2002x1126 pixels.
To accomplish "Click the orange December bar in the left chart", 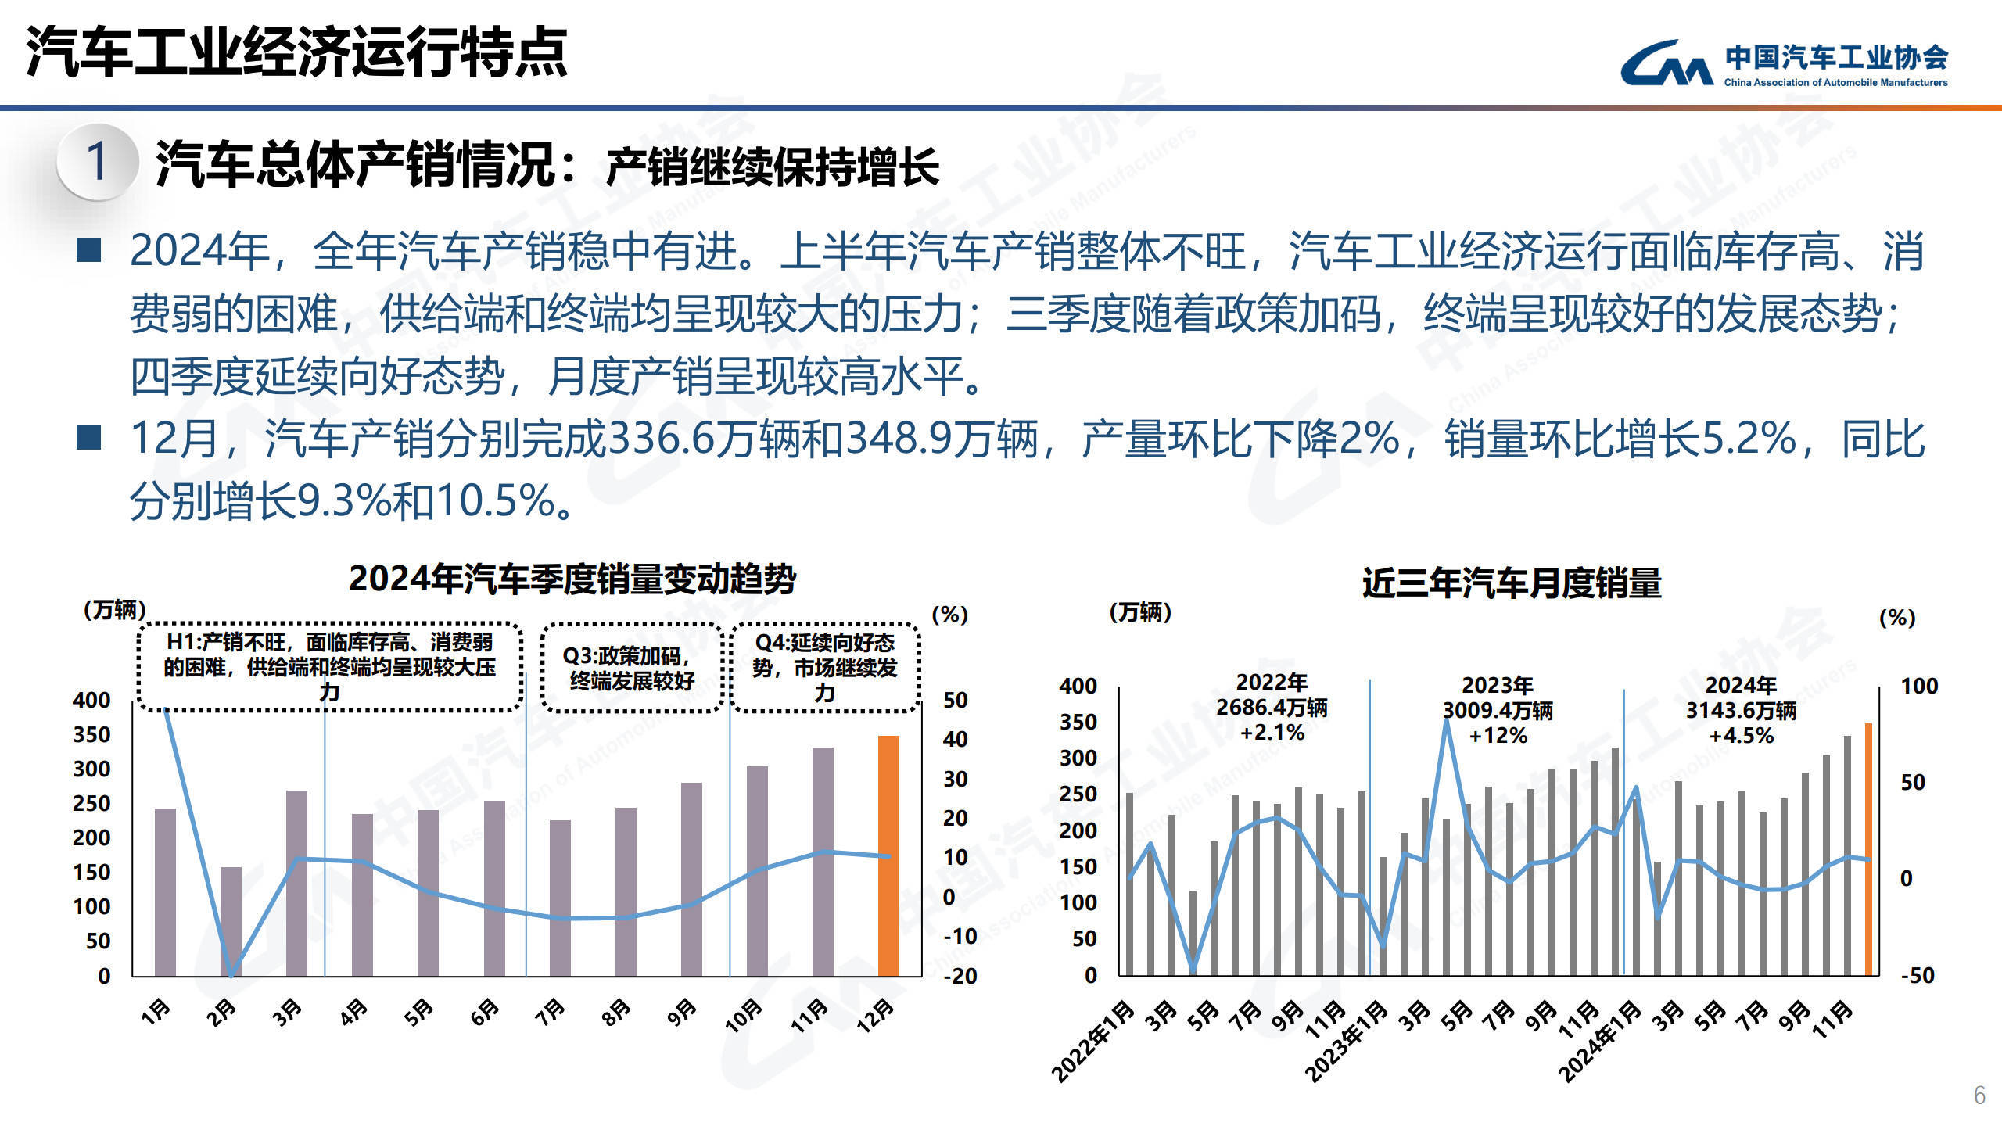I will (x=888, y=856).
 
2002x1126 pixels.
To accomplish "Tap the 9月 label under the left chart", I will (x=681, y=1012).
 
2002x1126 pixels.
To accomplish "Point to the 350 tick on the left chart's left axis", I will (x=91, y=735).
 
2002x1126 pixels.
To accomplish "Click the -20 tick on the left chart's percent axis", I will (x=960, y=976).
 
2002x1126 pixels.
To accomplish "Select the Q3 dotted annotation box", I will (x=631, y=668).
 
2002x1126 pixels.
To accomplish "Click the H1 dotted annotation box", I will (x=329, y=667).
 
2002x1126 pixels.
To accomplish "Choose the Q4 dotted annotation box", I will (x=824, y=667).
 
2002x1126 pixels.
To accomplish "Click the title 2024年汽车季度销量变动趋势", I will (x=572, y=579).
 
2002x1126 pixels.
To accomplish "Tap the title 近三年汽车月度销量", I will (x=1511, y=583).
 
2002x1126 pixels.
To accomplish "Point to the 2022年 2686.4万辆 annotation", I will (x=1272, y=707).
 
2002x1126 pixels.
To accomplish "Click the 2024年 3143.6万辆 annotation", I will (x=1740, y=710).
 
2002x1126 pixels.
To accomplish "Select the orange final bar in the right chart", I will (x=1868, y=849).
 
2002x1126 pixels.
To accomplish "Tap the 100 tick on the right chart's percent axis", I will (x=1919, y=687).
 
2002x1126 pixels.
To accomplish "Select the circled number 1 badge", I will (x=97, y=162).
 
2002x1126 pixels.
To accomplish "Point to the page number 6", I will (x=1979, y=1095).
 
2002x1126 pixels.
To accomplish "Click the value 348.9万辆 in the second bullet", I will (x=942, y=439).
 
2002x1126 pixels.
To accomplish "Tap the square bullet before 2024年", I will (x=89, y=250).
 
